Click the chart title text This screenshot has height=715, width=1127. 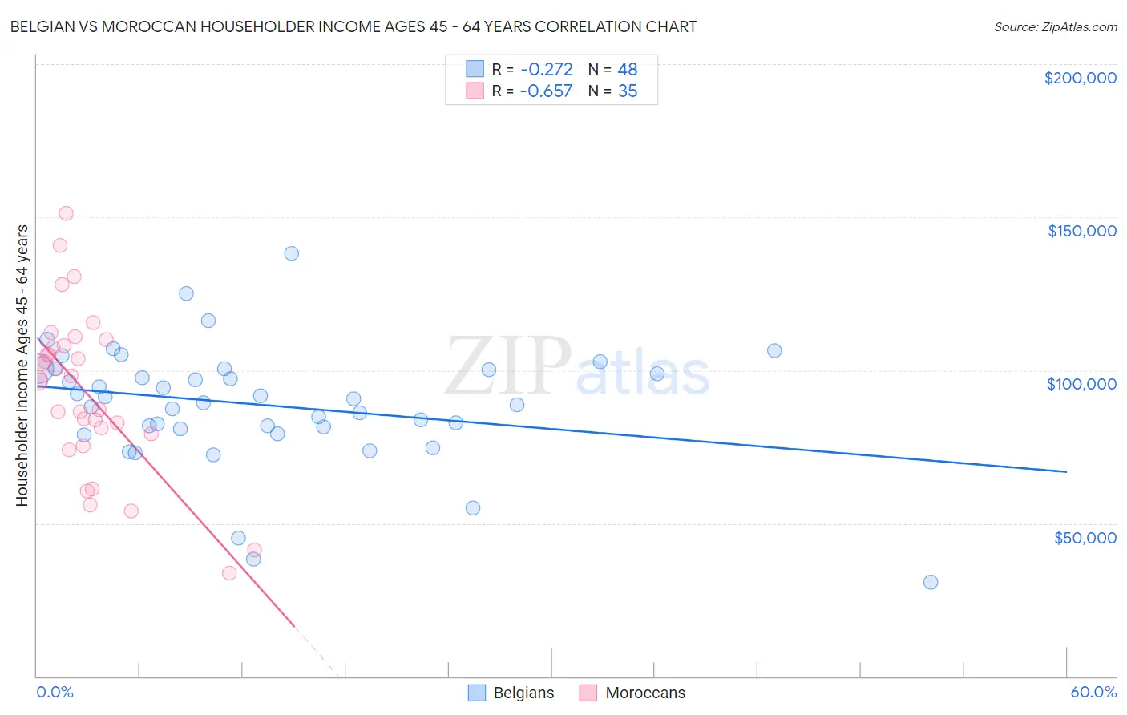(353, 26)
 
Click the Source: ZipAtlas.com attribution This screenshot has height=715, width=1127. (1055, 26)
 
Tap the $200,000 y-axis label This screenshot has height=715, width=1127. (1080, 78)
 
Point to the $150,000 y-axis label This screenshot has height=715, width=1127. (1081, 231)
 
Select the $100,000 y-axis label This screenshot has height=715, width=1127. (1081, 384)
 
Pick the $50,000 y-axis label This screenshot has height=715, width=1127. (1085, 537)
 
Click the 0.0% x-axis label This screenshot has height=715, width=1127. (55, 692)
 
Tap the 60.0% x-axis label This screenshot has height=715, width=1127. (1093, 692)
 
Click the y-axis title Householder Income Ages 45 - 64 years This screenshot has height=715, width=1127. (22, 366)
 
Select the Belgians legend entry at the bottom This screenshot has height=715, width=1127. (511, 693)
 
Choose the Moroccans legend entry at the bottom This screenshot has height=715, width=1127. (632, 693)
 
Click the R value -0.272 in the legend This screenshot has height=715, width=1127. (546, 69)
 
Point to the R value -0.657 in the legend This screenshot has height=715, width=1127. (546, 91)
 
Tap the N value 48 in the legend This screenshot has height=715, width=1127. (627, 69)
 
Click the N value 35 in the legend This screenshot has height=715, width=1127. (627, 91)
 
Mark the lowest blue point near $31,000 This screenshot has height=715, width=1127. (931, 582)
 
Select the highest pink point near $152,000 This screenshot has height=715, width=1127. (66, 213)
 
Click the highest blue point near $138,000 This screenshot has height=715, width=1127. (291, 253)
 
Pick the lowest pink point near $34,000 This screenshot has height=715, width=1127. (229, 573)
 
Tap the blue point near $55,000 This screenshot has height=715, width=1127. (473, 508)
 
